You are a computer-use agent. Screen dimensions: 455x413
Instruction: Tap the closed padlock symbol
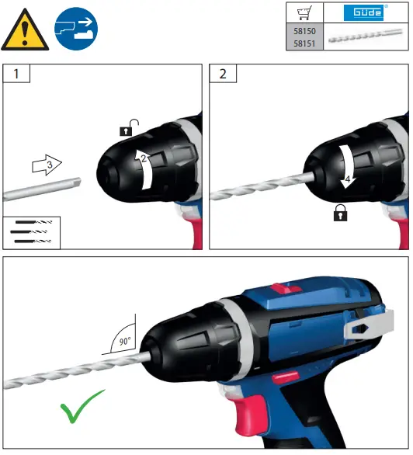tap(338, 214)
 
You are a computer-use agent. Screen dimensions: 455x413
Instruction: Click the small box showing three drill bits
tap(32, 231)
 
